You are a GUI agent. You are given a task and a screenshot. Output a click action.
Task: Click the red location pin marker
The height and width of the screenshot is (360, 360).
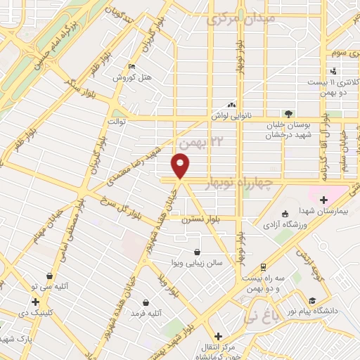181,166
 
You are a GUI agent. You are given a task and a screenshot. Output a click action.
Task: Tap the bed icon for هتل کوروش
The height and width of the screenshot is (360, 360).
131,67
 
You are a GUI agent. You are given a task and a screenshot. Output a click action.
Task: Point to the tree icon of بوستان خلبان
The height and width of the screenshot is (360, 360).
287,114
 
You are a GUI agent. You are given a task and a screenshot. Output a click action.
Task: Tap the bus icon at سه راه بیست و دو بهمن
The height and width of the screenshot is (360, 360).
262,267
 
